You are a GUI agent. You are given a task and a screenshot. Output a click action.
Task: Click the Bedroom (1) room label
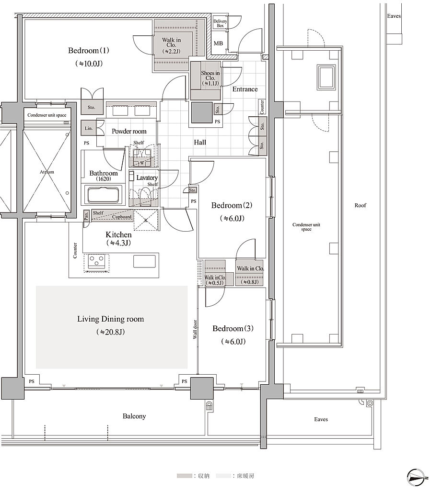[89, 51]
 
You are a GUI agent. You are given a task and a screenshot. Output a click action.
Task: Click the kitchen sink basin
[144, 261]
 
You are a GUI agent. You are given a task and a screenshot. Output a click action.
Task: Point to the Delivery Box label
[220, 23]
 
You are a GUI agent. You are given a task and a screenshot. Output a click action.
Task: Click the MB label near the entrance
[218, 44]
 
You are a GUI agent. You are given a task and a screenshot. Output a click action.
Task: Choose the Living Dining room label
[110, 319]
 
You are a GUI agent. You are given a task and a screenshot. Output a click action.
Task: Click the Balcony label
[134, 416]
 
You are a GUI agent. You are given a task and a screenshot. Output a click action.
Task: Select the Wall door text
[195, 329]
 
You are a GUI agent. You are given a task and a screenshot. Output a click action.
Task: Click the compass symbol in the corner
[416, 478]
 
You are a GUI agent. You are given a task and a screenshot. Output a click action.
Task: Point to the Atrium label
[47, 172]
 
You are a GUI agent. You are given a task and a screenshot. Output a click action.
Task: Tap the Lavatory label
[147, 178]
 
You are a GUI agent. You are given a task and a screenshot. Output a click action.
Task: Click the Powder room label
[129, 131]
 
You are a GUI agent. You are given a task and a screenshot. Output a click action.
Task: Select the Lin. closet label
[89, 128]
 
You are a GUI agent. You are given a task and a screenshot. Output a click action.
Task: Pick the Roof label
[360, 205]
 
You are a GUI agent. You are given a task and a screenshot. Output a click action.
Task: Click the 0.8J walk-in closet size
[250, 282]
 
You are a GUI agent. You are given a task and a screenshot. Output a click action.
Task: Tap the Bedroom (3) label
[233, 328]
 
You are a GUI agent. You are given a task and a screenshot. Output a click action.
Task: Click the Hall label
[200, 143]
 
